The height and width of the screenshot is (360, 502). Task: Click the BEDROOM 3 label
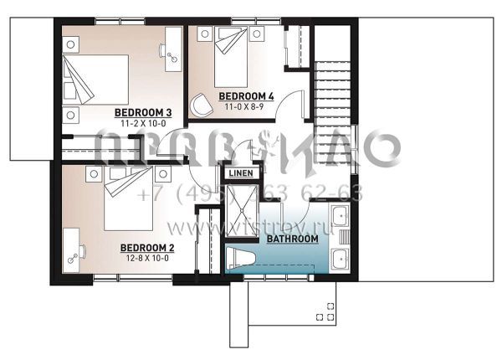coord(143,112)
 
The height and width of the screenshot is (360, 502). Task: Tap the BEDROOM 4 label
coord(247,96)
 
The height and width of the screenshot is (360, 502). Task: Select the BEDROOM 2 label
coord(146,248)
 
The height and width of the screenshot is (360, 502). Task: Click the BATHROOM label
coord(292,239)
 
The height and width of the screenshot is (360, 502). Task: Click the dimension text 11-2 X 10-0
coord(143,123)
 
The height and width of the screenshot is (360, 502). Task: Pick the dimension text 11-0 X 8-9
coord(247,106)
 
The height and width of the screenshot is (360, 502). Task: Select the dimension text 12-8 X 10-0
coord(146,259)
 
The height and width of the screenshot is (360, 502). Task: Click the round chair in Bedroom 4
coord(202,104)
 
